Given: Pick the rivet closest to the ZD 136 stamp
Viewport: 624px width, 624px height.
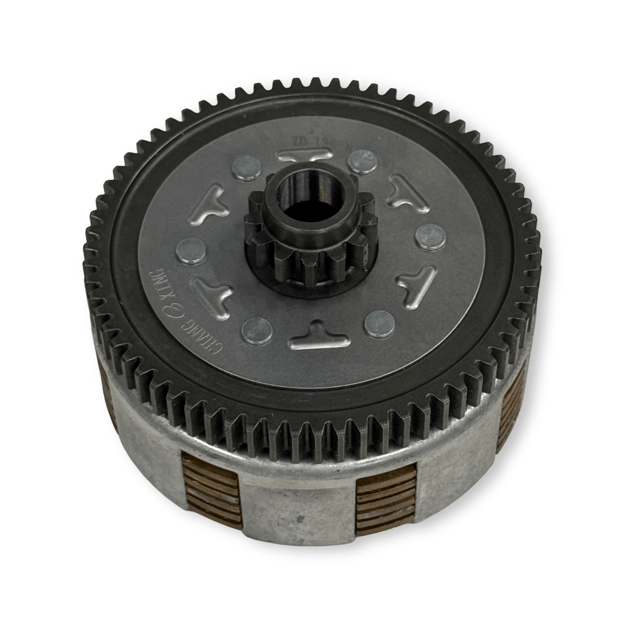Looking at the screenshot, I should click(x=363, y=161).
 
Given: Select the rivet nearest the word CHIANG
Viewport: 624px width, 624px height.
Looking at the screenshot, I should click(x=257, y=330).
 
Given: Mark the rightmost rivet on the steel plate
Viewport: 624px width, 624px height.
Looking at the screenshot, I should click(x=431, y=237).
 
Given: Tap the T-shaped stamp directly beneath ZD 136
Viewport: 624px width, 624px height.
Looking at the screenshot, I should click(x=304, y=155).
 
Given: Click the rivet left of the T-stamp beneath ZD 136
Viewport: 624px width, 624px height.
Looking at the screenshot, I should click(x=247, y=168).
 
